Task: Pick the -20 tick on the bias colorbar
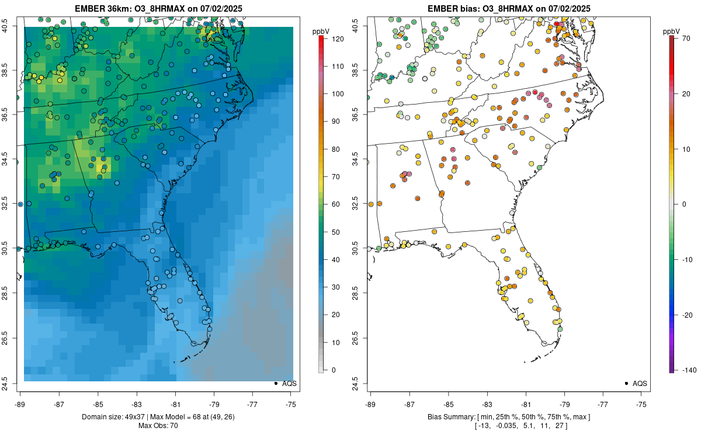685,315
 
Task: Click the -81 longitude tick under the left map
175,404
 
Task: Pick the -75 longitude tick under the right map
641,404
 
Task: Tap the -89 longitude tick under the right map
370,404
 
